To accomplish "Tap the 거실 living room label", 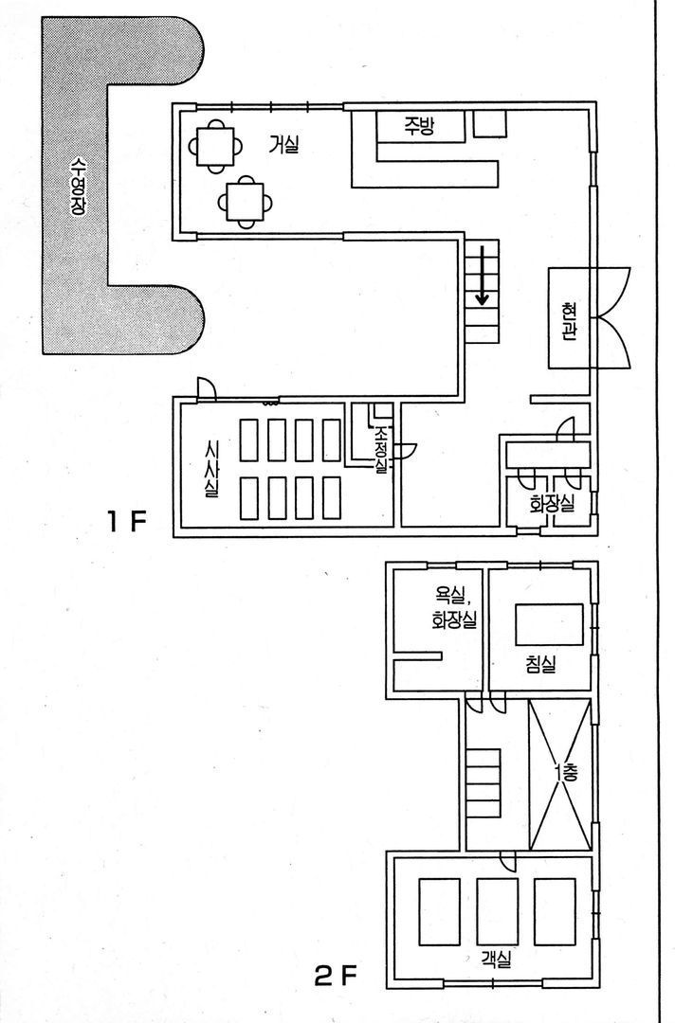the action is click(x=283, y=144).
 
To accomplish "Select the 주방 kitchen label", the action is click(x=418, y=125).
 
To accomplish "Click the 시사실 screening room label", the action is click(x=211, y=469).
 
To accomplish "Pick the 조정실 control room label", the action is click(x=380, y=450).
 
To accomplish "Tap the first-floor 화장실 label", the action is click(x=552, y=504).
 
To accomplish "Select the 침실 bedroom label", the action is click(x=540, y=664).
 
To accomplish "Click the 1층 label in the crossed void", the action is click(x=565, y=774).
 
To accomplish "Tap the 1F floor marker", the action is click(x=127, y=522).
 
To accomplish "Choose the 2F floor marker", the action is click(x=336, y=976).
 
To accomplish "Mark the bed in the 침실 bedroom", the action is click(x=549, y=624).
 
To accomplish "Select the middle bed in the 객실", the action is click(x=498, y=911).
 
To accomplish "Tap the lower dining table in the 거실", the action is click(x=246, y=203).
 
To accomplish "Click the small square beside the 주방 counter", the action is click(x=489, y=124).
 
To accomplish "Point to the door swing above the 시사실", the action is click(x=207, y=388).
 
